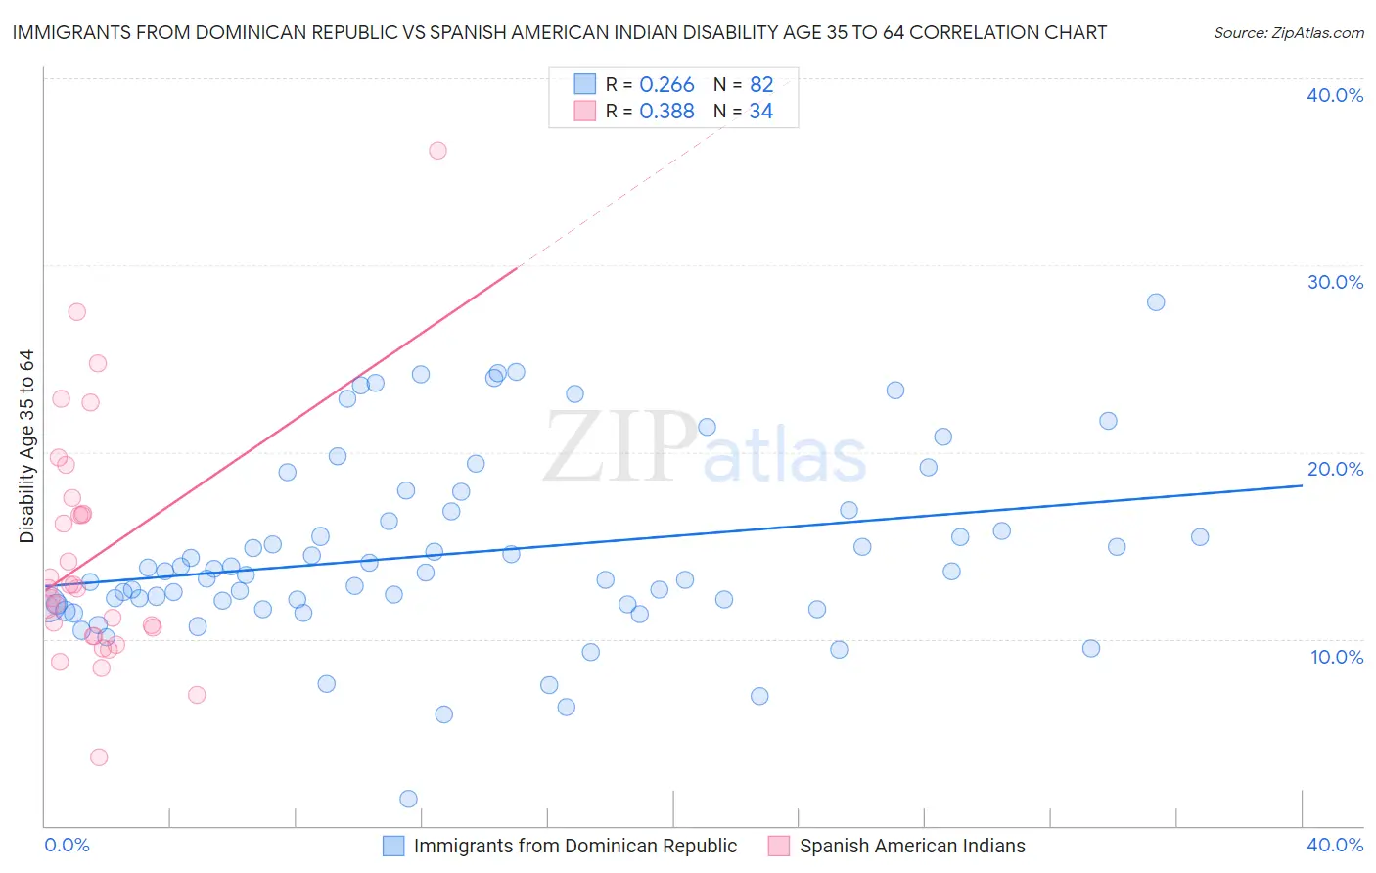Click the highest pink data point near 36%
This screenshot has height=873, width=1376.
(437, 151)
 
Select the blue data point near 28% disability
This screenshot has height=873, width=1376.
(1156, 302)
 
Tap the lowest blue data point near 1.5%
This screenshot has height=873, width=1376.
(409, 799)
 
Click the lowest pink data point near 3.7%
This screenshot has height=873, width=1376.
(99, 758)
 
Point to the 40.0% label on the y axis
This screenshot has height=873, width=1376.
(1335, 95)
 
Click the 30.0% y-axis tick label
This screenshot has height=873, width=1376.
(1335, 282)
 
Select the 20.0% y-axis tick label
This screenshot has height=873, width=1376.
(1335, 469)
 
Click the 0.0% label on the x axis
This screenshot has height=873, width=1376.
(67, 845)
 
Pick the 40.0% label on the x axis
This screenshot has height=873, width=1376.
(1335, 845)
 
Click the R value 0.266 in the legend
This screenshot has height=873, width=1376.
(666, 85)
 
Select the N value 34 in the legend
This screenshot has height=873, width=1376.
(760, 112)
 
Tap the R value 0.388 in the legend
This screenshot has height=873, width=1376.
(666, 112)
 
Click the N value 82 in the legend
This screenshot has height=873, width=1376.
(761, 85)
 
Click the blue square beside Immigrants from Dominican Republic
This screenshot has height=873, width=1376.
(393, 846)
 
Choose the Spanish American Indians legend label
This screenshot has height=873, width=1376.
(912, 846)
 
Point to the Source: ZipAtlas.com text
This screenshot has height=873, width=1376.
(1289, 33)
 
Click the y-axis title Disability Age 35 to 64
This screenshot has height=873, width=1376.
(26, 446)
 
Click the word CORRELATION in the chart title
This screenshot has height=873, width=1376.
(981, 32)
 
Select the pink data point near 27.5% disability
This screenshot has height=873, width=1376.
(76, 312)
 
